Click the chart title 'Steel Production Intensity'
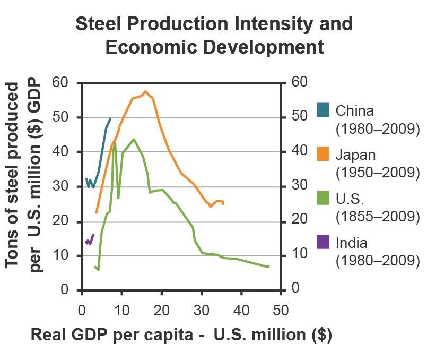[214, 24]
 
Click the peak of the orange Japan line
[145, 91]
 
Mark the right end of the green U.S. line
[269, 266]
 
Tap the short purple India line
[90, 240]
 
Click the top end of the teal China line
[110, 118]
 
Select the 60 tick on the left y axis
[61, 83]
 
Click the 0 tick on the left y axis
[65, 290]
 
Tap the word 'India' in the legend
[352, 243]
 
